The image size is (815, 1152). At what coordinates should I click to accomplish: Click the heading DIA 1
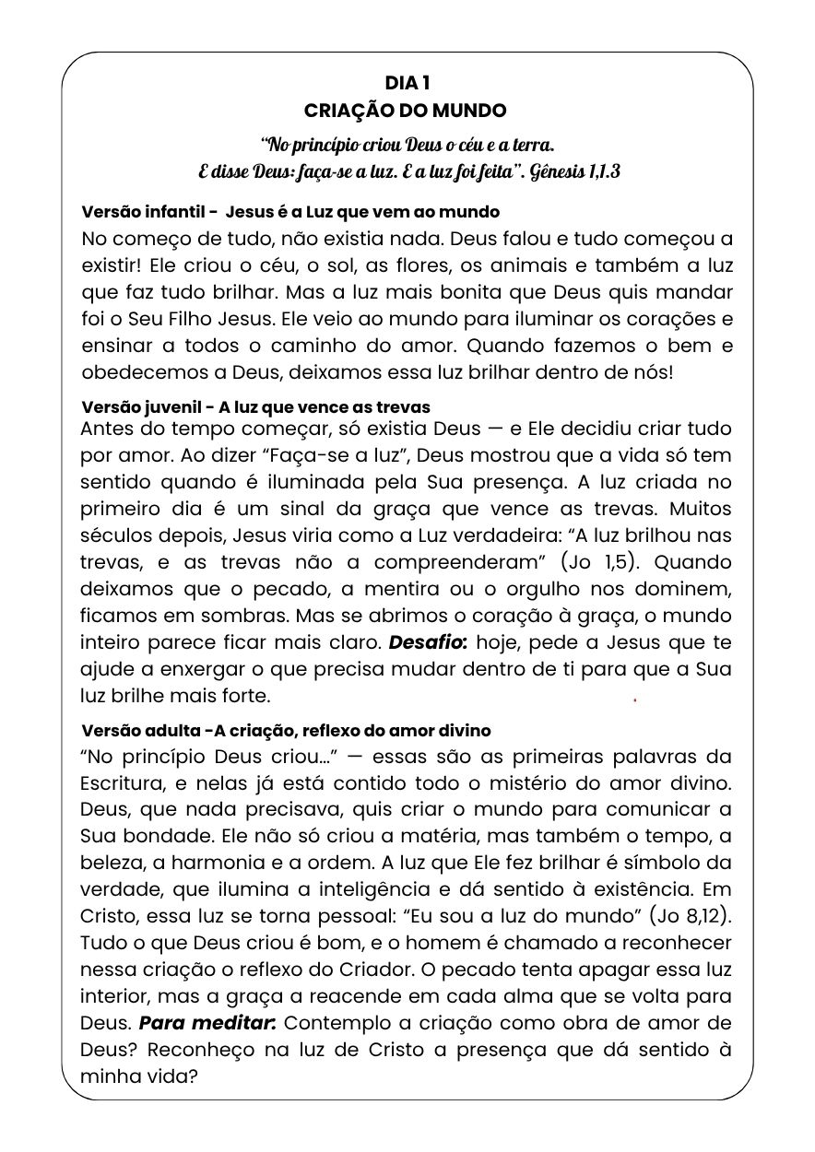coord(407,84)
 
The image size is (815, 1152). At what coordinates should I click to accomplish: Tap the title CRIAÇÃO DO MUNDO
coord(407,111)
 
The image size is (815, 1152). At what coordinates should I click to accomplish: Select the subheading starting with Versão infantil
coord(290,212)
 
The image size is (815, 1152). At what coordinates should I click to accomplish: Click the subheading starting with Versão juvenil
coord(255,406)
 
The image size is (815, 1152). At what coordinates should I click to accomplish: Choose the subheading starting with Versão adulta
coord(286,730)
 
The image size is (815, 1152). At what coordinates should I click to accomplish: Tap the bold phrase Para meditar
coord(207,1023)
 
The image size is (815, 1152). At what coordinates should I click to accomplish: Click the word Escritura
coord(123,783)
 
